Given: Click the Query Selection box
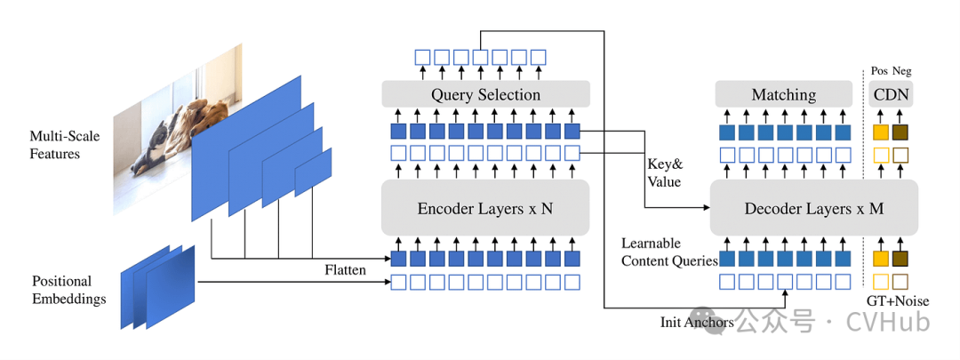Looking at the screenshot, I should tap(485, 94).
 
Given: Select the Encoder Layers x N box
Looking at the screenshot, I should tap(485, 209).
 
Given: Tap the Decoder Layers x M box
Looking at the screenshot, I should tap(813, 209).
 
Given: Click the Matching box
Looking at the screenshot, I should tap(783, 94).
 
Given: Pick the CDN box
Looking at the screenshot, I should tap(891, 94).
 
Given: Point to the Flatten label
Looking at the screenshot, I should tap(345, 269).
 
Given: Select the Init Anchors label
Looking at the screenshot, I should tap(696, 322).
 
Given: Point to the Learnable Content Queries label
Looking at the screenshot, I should tap(663, 252).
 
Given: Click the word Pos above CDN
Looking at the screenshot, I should tap(878, 71).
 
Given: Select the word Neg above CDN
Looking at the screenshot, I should tap(901, 71).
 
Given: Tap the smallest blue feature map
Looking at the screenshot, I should tap(313, 172).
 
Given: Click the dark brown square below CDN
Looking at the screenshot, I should tap(900, 132).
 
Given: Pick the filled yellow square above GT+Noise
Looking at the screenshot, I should tap(880, 259).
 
